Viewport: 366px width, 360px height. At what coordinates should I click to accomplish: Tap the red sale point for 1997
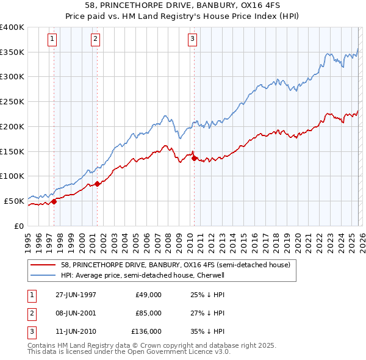(54, 201)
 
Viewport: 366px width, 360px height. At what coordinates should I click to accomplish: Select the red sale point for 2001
(97, 183)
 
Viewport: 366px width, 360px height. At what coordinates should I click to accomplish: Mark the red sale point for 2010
(194, 158)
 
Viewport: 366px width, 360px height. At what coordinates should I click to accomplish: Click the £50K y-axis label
(14, 201)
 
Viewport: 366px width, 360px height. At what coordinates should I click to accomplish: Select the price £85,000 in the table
(149, 313)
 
